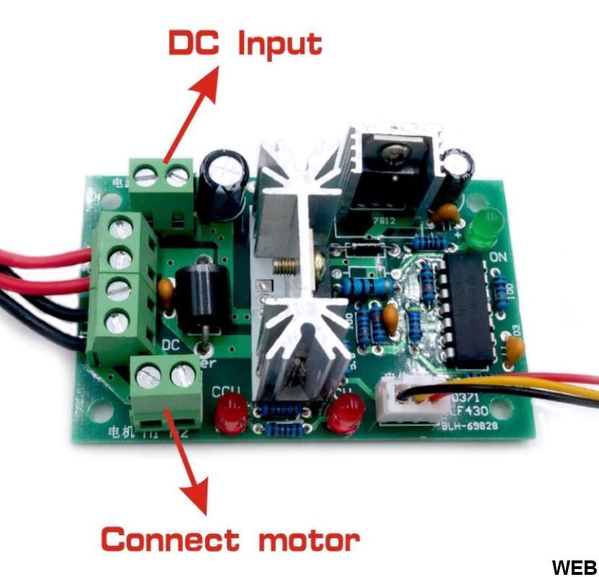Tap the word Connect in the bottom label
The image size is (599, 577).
point(170,539)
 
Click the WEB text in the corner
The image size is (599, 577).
point(574,566)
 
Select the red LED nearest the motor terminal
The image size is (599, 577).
point(229,413)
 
